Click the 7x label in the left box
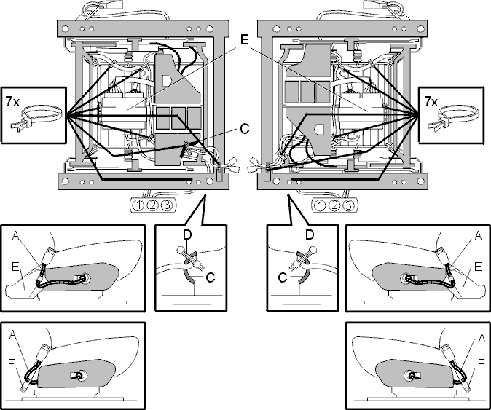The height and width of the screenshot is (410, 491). click(x=12, y=101)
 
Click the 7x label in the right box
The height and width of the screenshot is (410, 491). click(x=431, y=101)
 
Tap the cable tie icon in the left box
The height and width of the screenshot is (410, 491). click(x=36, y=118)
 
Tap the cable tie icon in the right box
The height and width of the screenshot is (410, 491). click(x=455, y=118)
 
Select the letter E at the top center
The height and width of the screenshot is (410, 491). click(x=244, y=40)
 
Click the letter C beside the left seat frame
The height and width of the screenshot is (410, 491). click(x=245, y=128)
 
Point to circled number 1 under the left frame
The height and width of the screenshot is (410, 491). click(x=138, y=205)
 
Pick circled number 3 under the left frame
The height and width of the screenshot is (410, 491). click(x=167, y=205)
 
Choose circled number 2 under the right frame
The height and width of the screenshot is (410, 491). click(x=334, y=205)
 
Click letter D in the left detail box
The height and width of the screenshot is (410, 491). click(x=187, y=235)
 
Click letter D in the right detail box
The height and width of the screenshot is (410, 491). click(x=310, y=234)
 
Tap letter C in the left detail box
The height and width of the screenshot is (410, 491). click(x=211, y=277)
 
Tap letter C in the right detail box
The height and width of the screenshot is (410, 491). click(x=283, y=277)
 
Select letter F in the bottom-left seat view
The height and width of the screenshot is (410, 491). click(x=12, y=364)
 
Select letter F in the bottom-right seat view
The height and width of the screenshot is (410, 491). click(x=482, y=364)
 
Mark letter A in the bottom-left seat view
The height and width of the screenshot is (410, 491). click(x=12, y=334)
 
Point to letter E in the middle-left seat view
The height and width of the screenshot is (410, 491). click(x=15, y=267)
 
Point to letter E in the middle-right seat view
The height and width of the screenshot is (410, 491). click(x=478, y=267)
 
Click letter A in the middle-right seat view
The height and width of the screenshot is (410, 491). click(x=478, y=235)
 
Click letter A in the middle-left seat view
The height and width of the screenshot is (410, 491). click(x=15, y=235)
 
